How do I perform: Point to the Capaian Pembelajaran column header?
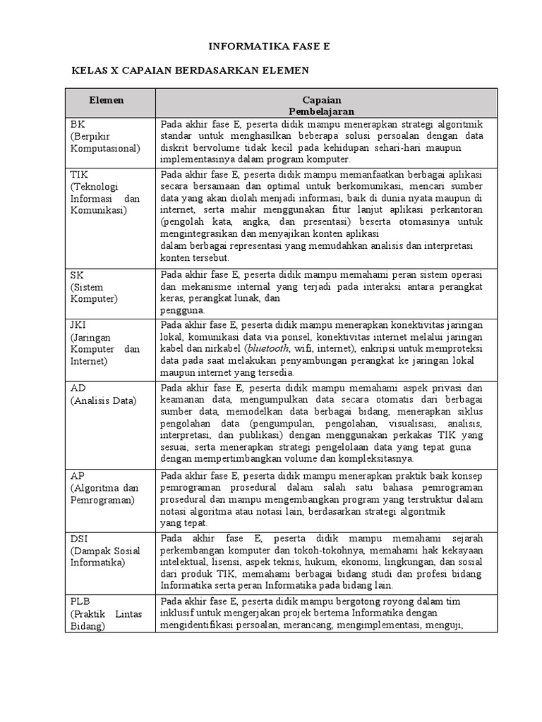click(321, 106)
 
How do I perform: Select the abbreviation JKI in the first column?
click(78, 325)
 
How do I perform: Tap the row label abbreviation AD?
click(77, 388)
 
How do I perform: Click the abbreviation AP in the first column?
click(77, 475)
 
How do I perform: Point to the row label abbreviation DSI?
click(78, 539)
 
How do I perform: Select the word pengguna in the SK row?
click(182, 310)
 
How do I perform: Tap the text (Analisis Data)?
click(102, 400)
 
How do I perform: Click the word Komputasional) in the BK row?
click(104, 148)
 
